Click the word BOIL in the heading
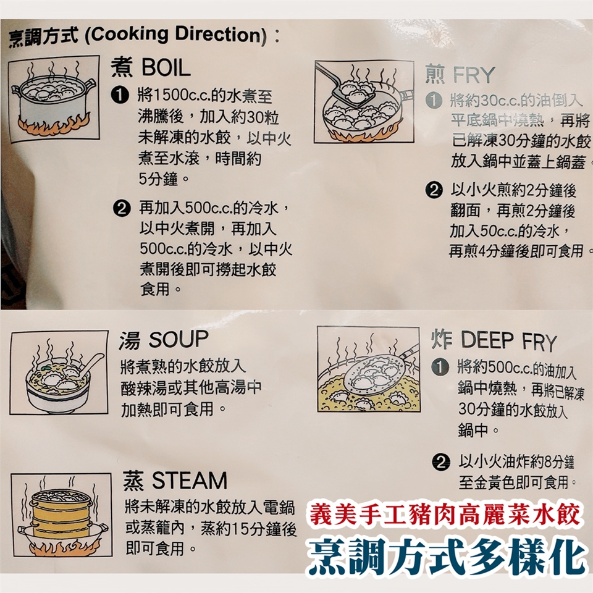(x=166, y=68)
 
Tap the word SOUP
(x=179, y=339)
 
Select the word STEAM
(x=190, y=481)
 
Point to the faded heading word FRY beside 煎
(x=474, y=75)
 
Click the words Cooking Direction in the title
(x=176, y=35)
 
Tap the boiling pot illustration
(x=54, y=99)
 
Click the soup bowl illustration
(x=59, y=372)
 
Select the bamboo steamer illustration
(x=61, y=515)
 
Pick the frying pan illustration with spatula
(x=364, y=102)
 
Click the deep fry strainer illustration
(x=368, y=369)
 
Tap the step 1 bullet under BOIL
(x=120, y=95)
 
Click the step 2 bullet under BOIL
(x=122, y=208)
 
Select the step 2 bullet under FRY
(x=434, y=190)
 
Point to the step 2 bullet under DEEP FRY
(x=441, y=462)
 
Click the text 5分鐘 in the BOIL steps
(x=159, y=179)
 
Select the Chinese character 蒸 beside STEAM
(x=133, y=481)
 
